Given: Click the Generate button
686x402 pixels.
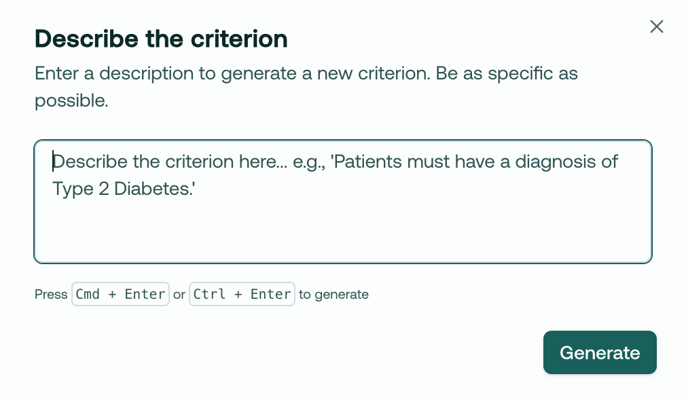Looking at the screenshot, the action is coord(600,352).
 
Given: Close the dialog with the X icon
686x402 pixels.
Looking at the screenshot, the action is coord(657,26).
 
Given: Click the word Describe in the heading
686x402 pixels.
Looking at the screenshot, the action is coord(87,39).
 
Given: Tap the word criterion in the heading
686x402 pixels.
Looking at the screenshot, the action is coord(239,39).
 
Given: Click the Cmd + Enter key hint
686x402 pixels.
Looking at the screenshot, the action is coord(120,294).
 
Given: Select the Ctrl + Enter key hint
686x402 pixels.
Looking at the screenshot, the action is coord(242,294).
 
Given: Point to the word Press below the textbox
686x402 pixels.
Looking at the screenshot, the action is coord(51,295).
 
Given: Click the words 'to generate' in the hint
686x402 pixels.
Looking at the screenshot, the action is coord(333,295).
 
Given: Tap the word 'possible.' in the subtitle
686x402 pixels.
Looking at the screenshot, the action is coord(71,101).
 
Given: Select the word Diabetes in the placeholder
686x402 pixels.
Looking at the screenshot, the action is coord(152,189).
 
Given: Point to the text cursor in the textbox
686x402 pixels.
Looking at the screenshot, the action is coord(53,162).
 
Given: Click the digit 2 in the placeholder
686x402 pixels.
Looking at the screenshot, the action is coord(104,189).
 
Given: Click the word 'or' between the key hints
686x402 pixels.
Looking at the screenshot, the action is coord(179,295).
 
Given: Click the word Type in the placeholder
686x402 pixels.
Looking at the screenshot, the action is coord(73,189).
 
